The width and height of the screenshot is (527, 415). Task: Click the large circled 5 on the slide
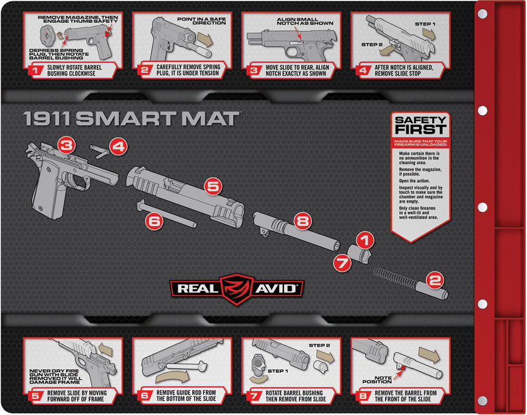213,185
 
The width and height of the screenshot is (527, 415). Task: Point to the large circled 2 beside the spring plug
435,280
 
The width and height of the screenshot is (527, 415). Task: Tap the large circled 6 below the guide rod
155,220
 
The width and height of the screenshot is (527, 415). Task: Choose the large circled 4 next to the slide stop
118,147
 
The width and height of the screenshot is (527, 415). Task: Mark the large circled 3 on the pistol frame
67,146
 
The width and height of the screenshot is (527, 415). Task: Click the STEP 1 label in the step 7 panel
278,371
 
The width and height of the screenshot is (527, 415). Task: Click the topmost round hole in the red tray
482,13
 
